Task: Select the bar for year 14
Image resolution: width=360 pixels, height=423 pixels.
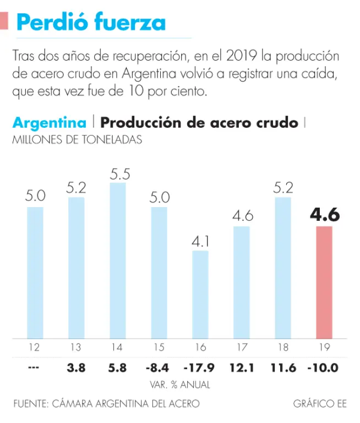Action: (118, 260)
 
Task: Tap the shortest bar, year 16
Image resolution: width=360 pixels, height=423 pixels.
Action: (200, 294)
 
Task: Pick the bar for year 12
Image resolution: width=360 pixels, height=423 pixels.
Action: (35, 272)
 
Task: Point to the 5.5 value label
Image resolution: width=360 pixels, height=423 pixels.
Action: (118, 174)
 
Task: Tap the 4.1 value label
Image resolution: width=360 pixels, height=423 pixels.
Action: (200, 241)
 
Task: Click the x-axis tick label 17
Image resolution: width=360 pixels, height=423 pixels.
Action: (242, 347)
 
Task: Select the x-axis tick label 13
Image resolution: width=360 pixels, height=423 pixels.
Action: (77, 347)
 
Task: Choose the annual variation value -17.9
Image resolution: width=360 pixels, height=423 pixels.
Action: (200, 367)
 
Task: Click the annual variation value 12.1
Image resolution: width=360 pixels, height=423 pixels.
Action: (242, 367)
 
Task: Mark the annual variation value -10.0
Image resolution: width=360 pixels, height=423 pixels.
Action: (324, 367)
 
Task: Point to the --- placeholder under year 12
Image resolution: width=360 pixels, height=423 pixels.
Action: (35, 367)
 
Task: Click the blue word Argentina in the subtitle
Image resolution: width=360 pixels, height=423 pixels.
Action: (49, 122)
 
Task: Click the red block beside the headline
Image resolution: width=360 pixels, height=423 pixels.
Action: (4, 21)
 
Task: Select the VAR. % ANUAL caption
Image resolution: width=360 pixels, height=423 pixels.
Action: (180, 384)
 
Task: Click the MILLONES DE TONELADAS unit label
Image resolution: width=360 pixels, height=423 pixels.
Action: (77, 140)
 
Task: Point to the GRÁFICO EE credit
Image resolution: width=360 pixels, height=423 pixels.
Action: (320, 404)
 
